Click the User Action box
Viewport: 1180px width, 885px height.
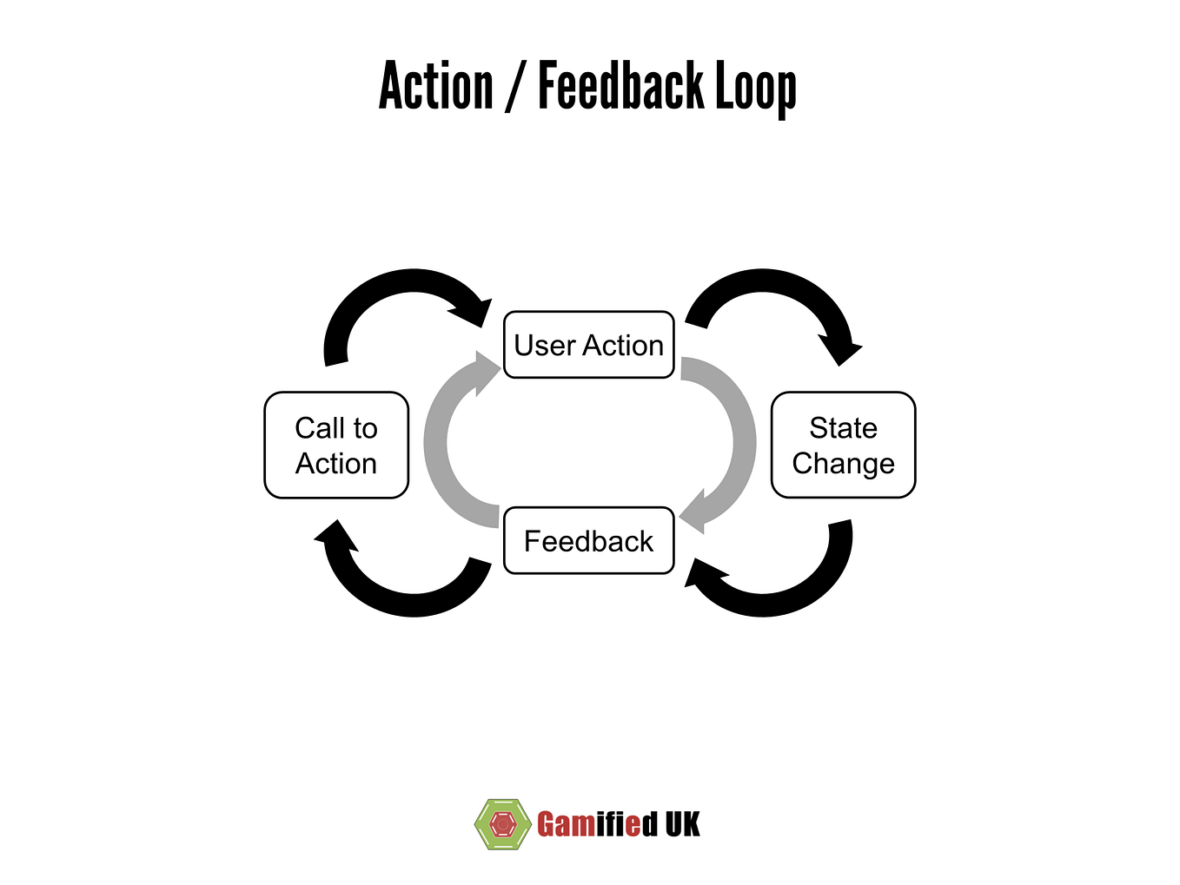588,345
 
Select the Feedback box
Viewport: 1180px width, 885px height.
588,540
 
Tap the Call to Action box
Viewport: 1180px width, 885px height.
336,445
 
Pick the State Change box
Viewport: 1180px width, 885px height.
843,445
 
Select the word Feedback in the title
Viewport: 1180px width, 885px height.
621,85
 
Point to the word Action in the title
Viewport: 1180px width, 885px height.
435,85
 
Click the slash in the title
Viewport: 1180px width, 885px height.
515,86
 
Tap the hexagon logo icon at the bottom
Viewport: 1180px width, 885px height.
502,823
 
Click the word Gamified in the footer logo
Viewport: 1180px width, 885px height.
597,823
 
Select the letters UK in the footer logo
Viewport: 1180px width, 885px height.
683,823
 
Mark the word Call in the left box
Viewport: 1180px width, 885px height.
319,428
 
